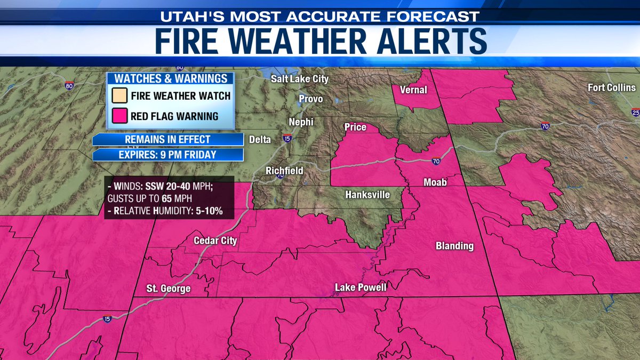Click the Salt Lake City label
[x=300, y=79]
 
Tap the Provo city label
[x=311, y=99]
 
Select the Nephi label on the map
[x=301, y=122]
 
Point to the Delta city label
[x=261, y=140]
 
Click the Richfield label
[x=285, y=171]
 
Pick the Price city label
[x=355, y=127]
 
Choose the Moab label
[x=435, y=182]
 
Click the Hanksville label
[x=367, y=195]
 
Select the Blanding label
[x=454, y=246]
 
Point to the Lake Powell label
[x=361, y=287]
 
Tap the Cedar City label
[x=215, y=241]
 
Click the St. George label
[x=169, y=289]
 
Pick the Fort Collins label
[x=612, y=87]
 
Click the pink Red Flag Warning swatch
[x=119, y=116]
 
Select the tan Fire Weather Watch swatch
[x=119, y=96]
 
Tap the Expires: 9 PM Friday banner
[x=168, y=155]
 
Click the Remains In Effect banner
[x=168, y=140]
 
